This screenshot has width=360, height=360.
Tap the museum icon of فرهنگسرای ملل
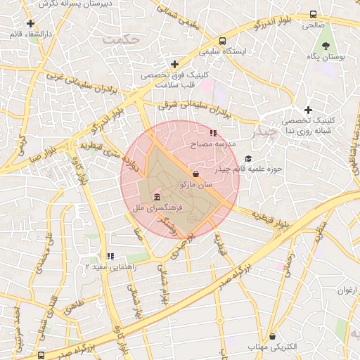(x=155, y=197)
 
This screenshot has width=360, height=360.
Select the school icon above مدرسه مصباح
(x=213, y=132)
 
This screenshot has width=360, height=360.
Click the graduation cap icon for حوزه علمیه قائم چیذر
(x=247, y=159)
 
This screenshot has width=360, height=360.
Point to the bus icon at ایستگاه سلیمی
(x=222, y=41)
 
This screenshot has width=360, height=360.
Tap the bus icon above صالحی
(x=313, y=14)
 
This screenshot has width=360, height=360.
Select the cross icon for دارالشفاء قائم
(x=30, y=23)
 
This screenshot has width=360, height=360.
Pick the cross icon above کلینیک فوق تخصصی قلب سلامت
(x=174, y=65)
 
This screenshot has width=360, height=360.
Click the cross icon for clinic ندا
(x=308, y=110)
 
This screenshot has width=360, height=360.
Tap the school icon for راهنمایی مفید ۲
(x=110, y=257)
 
